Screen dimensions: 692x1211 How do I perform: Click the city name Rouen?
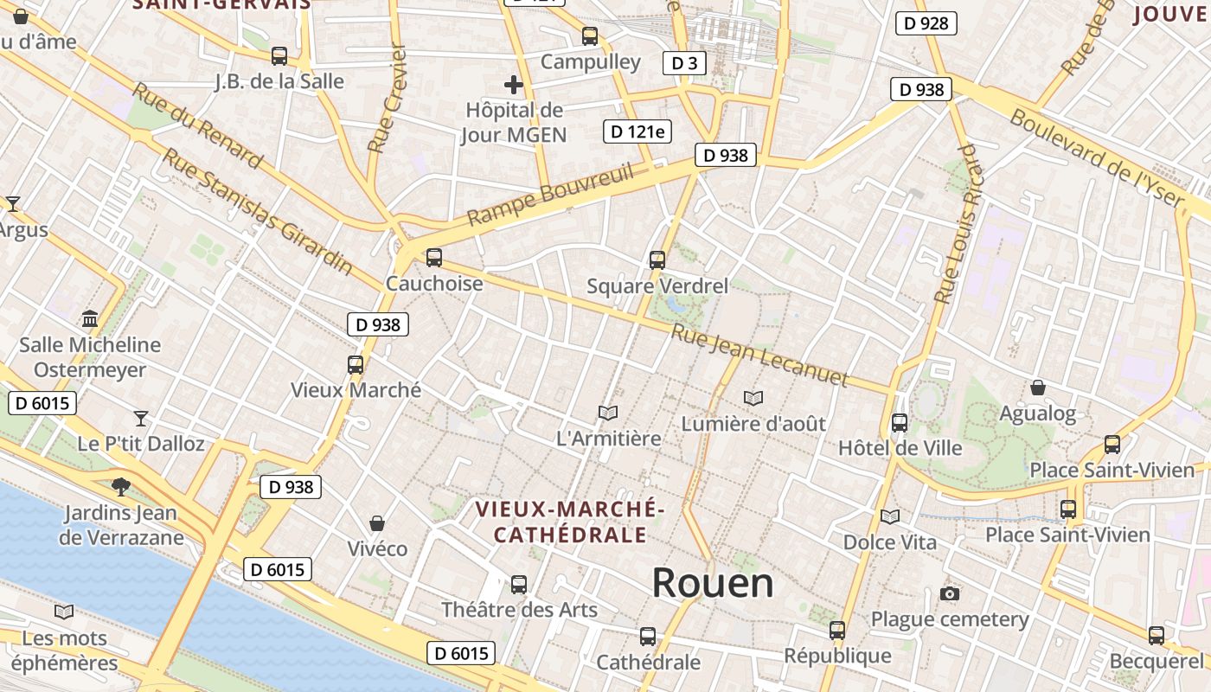click(x=712, y=583)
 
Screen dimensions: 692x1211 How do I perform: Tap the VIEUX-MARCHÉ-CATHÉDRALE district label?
click(x=570, y=522)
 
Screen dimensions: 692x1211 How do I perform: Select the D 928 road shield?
click(x=926, y=23)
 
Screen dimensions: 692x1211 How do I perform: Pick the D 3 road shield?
click(x=683, y=62)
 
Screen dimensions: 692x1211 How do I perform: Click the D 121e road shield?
click(x=638, y=131)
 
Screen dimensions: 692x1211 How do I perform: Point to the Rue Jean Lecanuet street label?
click(x=760, y=356)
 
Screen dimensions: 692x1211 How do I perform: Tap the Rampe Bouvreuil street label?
click(x=550, y=195)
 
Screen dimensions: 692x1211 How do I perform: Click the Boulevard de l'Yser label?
click(x=1096, y=158)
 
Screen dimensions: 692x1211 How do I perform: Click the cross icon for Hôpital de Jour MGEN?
click(x=514, y=85)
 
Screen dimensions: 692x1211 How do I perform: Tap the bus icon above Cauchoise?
click(x=434, y=257)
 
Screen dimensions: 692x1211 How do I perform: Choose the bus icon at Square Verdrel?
click(x=657, y=259)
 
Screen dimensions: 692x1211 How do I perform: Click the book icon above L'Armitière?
click(x=608, y=413)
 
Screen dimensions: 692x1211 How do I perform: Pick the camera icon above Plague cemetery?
click(x=950, y=594)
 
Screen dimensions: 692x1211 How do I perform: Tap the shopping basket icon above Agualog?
click(x=1037, y=388)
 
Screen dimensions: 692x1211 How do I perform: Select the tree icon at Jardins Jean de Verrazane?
click(x=121, y=487)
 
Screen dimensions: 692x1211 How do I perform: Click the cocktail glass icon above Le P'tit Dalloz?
click(x=141, y=419)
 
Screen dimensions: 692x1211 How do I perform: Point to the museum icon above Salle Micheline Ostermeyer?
click(x=90, y=319)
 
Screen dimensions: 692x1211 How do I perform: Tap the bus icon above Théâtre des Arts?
click(x=519, y=585)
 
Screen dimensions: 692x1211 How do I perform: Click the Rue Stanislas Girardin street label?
click(x=258, y=210)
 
